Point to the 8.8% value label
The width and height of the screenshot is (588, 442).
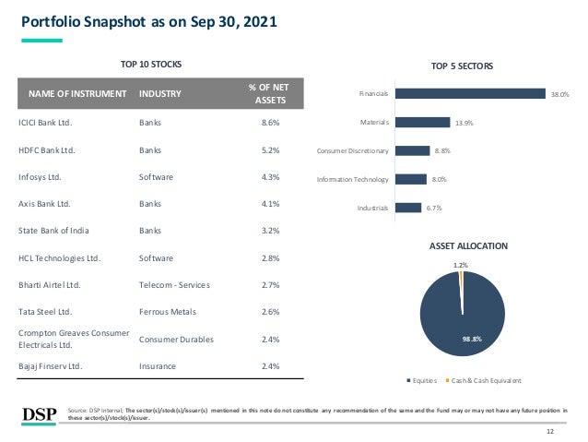click(x=441, y=150)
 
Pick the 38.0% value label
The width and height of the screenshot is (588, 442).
click(x=559, y=94)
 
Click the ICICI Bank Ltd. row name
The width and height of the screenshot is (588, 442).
click(x=45, y=122)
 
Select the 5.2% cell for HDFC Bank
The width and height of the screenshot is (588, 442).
click(x=270, y=149)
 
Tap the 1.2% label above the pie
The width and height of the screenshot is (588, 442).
click(x=460, y=265)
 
